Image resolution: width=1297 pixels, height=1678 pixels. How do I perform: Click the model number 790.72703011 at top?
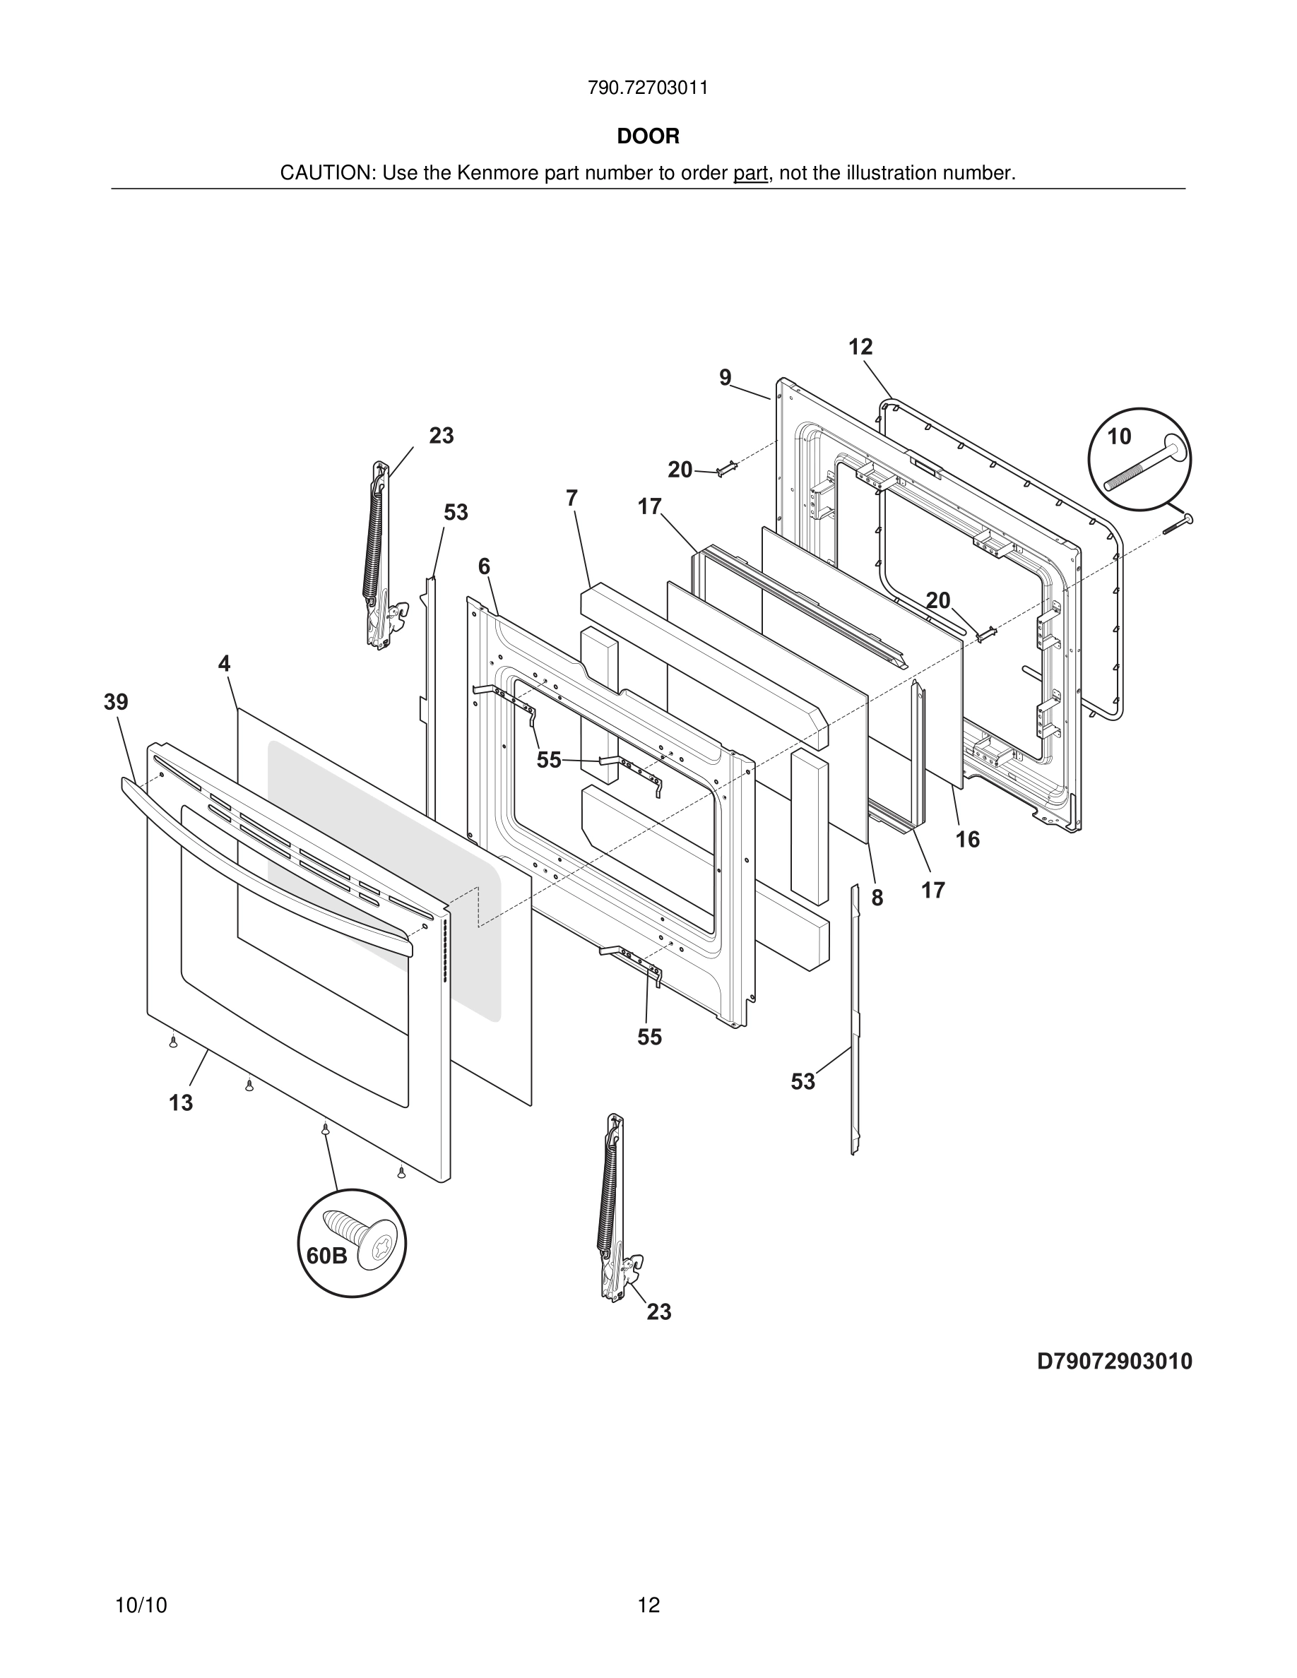click(648, 88)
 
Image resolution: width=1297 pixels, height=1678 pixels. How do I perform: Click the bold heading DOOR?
click(648, 137)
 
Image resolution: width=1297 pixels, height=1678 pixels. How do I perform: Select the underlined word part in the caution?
click(750, 174)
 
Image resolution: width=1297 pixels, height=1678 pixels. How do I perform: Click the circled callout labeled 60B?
click(351, 1243)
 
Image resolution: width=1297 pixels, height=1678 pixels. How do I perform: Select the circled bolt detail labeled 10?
click(1139, 458)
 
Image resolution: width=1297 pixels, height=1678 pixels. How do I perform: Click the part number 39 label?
click(116, 702)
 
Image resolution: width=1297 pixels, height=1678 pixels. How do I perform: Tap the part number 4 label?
click(224, 664)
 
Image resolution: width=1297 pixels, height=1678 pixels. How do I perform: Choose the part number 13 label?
click(181, 1103)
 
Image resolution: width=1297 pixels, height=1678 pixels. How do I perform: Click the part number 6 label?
click(483, 567)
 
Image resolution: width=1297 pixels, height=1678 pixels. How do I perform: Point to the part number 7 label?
click(571, 499)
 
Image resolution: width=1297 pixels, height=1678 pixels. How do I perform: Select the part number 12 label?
click(860, 347)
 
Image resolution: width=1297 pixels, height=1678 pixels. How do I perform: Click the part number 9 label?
click(726, 378)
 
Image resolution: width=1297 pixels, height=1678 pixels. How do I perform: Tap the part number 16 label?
click(967, 840)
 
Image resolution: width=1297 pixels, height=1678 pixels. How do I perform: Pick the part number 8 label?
click(877, 898)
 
